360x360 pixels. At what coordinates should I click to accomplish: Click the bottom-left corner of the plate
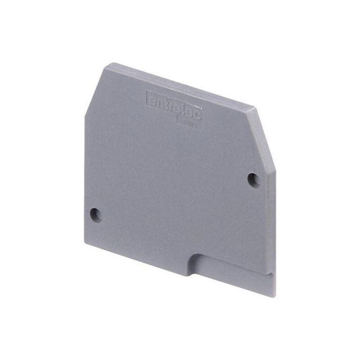coord(85,243)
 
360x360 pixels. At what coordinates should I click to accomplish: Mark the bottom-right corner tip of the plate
coord(274,296)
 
